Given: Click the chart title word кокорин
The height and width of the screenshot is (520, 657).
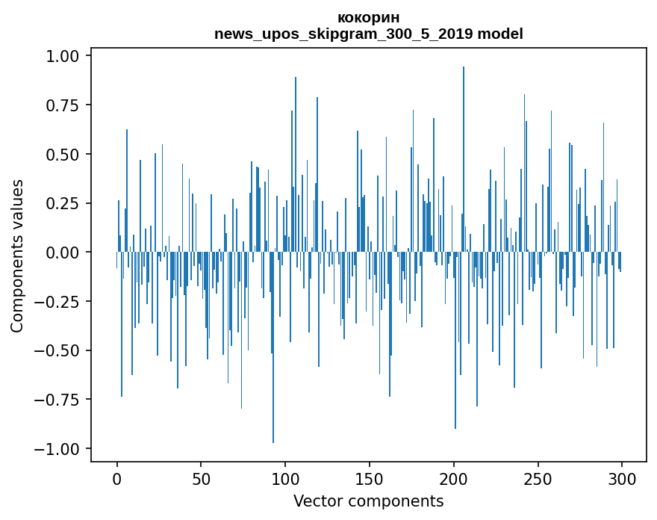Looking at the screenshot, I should (x=368, y=18).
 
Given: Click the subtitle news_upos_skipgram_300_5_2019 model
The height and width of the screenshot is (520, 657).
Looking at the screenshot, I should (x=368, y=34).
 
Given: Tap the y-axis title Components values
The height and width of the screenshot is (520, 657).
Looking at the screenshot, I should (x=17, y=256).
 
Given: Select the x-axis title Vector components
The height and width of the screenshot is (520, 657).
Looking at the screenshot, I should (x=368, y=501).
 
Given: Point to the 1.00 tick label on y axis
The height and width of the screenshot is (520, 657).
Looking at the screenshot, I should (x=63, y=56).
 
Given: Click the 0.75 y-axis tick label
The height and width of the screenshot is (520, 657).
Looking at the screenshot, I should (x=63, y=105).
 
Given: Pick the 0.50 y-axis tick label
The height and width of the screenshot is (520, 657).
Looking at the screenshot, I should (x=63, y=155).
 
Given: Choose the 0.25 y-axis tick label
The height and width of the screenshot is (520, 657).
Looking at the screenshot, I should (x=63, y=203).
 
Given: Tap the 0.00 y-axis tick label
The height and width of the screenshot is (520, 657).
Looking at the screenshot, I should (x=63, y=253).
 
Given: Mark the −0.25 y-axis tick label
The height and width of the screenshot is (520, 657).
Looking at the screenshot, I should (x=59, y=302).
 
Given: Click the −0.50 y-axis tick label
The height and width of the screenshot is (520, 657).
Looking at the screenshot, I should (x=59, y=350).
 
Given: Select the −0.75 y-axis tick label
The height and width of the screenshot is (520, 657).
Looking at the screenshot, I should (x=59, y=400).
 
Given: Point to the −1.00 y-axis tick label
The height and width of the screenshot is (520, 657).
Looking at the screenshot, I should (x=59, y=449).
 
